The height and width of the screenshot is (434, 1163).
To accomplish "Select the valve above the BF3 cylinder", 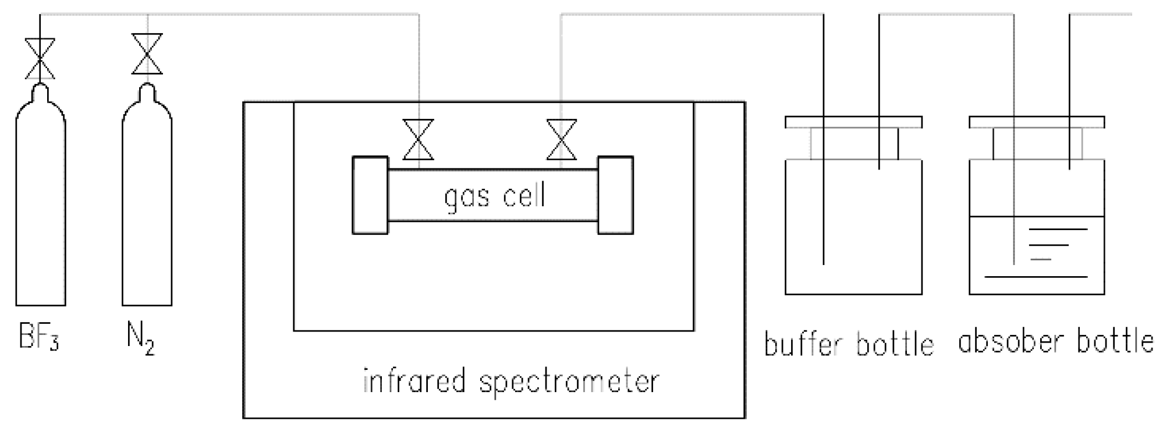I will click(40, 58).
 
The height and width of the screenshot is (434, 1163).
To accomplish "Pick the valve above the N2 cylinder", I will click(147, 54).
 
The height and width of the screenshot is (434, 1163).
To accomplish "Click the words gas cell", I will click(494, 196).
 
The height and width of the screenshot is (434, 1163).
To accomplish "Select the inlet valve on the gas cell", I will click(419, 140).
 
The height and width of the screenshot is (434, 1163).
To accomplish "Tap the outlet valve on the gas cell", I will click(562, 140).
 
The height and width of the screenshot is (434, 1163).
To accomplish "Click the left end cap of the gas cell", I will click(370, 195).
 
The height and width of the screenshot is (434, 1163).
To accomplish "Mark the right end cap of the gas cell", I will click(615, 195).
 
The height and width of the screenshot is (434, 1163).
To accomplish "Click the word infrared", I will click(414, 382).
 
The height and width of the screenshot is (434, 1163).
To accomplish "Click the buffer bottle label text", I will click(848, 344).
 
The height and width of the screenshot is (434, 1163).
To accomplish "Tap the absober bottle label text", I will click(1055, 341).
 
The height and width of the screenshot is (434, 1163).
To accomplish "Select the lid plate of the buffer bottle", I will click(853, 122).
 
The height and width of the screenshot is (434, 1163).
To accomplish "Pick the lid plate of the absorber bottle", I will click(1037, 122).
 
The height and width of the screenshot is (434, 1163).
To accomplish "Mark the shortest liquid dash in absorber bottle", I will click(1041, 259).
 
